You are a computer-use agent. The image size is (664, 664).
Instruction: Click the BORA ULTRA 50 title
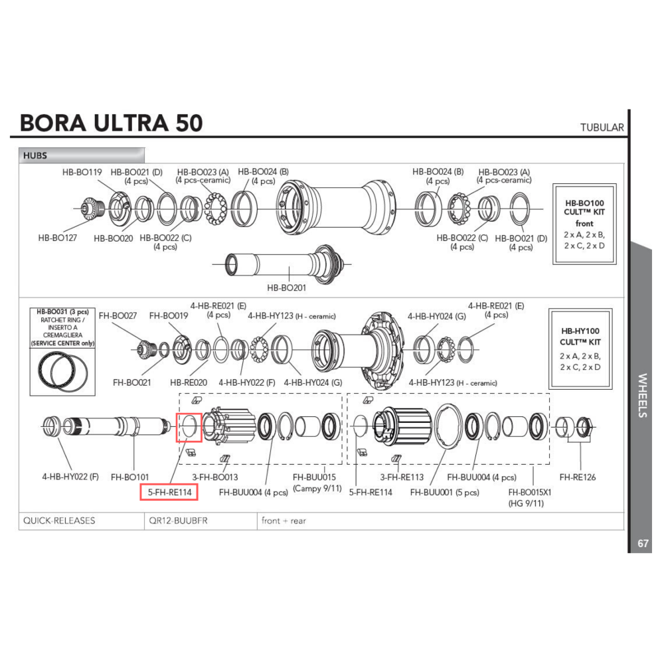click(x=111, y=124)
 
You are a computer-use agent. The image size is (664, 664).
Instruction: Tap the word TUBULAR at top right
click(x=602, y=127)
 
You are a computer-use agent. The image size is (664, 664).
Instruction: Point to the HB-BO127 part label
click(x=58, y=237)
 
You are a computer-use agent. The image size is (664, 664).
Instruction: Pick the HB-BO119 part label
click(x=82, y=172)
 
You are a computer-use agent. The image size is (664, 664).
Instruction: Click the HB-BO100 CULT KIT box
click(x=584, y=224)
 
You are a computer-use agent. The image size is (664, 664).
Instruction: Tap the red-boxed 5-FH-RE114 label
click(x=165, y=492)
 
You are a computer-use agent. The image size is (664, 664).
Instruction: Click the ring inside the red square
click(x=189, y=427)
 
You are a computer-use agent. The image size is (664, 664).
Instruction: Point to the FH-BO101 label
click(x=129, y=477)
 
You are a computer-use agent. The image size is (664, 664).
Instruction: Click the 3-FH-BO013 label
click(x=214, y=477)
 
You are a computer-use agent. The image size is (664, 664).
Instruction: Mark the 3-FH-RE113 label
click(x=402, y=477)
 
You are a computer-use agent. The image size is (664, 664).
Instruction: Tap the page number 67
click(x=642, y=543)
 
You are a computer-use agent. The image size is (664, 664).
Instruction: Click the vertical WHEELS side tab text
click(x=642, y=396)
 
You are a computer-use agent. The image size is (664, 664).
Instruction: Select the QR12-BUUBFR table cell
click(x=179, y=521)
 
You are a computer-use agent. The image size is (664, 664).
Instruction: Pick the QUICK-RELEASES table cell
click(x=59, y=521)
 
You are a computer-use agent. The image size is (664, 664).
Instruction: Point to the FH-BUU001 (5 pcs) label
click(x=444, y=492)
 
